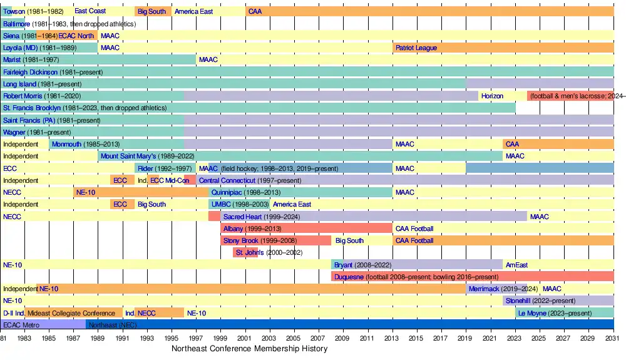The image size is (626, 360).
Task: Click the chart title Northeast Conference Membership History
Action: [x=249, y=349]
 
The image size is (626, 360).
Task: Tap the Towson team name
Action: [x=14, y=12]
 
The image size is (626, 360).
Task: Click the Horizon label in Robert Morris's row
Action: [x=492, y=96]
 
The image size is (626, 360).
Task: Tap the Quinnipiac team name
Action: [x=227, y=193]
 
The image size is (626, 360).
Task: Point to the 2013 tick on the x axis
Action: [x=392, y=338]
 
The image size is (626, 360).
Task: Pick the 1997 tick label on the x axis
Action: [x=196, y=338]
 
